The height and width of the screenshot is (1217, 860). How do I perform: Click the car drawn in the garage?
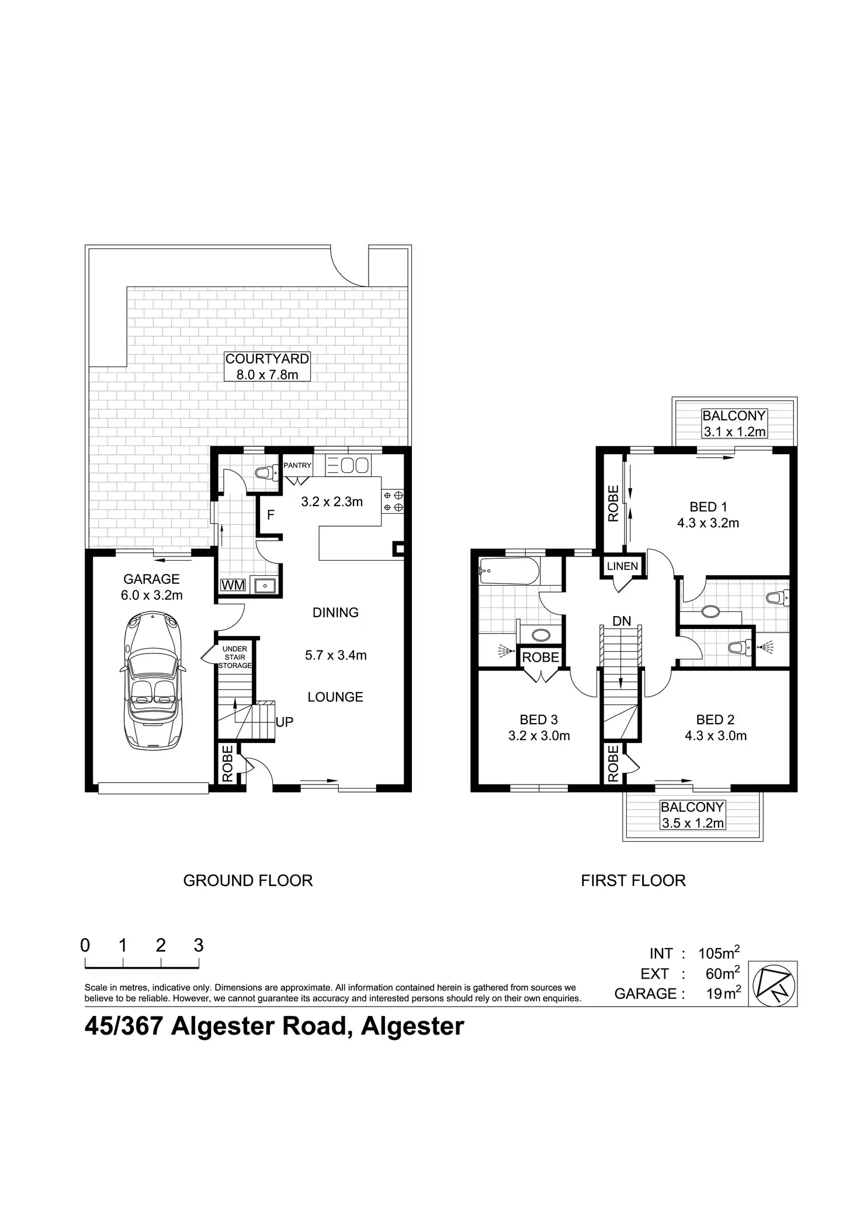(151, 680)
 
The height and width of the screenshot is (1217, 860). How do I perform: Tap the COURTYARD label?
(267, 359)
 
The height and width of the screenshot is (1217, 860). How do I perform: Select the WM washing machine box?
(233, 585)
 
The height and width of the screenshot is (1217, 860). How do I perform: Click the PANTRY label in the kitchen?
(297, 465)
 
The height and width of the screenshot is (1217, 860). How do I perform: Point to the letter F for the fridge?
(271, 516)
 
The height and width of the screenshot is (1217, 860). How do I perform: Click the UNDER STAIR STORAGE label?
(235, 657)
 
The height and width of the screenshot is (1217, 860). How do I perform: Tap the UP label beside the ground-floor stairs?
(284, 722)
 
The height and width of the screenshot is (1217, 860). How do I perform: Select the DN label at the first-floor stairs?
(622, 621)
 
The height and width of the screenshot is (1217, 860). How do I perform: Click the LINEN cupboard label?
(622, 566)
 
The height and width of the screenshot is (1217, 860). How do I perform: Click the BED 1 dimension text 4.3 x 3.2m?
(708, 523)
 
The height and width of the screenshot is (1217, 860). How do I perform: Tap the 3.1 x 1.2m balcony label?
(734, 432)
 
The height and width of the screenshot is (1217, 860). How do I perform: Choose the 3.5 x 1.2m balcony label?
(692, 823)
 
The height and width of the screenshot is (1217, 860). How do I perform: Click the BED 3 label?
(539, 720)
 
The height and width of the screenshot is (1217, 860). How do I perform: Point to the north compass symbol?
(772, 984)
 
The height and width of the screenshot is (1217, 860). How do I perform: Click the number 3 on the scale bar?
(199, 945)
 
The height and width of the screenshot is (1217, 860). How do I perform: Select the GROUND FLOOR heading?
(248, 880)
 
